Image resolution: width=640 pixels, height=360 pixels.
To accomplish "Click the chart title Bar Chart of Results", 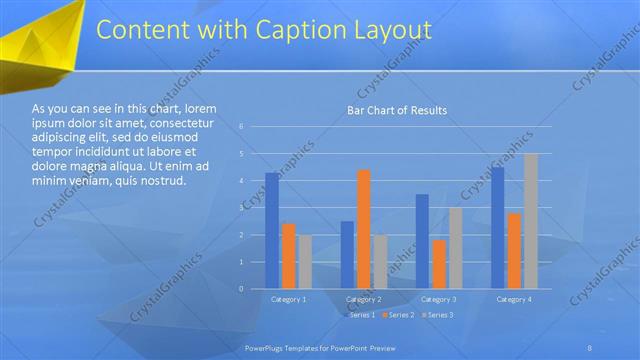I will pos(396,110).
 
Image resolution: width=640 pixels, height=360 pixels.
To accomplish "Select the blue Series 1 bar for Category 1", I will pos(272,230).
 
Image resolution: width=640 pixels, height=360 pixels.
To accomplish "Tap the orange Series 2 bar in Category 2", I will pos(363,229).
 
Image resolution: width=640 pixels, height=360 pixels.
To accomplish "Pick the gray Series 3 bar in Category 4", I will pos(530,221).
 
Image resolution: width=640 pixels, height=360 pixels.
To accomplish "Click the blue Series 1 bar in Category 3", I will pos(422,241).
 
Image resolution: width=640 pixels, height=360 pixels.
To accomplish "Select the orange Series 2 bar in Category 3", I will pos(438,264).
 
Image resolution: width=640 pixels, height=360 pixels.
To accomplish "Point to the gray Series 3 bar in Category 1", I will pos(305,262).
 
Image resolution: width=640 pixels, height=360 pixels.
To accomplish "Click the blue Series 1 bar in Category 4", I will pos(497,228).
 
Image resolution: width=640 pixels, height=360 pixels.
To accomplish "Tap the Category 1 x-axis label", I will pos(289,299).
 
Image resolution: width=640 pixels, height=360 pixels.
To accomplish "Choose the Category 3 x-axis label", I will pos(438,299).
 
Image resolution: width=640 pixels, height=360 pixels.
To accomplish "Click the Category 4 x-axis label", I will pos(513,299).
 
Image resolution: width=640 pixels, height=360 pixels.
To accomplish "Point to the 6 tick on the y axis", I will pos(241,127).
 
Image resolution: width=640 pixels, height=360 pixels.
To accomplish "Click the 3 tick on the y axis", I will pos(241,208).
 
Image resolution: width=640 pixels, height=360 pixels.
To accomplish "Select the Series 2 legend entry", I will pos(399,315).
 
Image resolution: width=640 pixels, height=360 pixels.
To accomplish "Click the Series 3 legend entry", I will pos(439,315).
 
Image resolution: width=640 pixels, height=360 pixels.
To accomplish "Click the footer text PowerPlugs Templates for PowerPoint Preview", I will pos(320,347).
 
